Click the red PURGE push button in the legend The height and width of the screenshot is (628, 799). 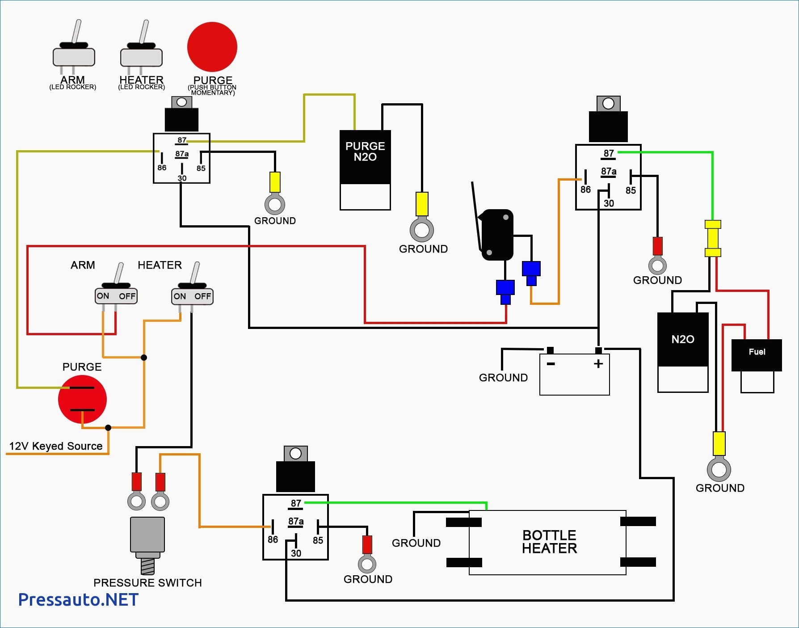(x=212, y=47)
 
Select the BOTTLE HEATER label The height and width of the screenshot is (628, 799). (x=550, y=542)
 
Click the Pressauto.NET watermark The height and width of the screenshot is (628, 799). (x=78, y=600)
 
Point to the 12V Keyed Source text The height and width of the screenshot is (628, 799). (x=56, y=446)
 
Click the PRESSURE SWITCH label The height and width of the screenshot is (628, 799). (x=147, y=583)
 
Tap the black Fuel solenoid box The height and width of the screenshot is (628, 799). (x=757, y=355)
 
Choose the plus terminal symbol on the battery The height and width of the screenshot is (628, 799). (x=598, y=364)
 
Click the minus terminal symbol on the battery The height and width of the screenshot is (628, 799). (x=551, y=364)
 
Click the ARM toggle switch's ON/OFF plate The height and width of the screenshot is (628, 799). (x=116, y=296)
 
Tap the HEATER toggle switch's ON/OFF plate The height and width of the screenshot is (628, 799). (x=193, y=296)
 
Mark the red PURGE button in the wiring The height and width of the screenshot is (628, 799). (x=83, y=399)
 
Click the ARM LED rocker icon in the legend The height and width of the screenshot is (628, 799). (x=74, y=49)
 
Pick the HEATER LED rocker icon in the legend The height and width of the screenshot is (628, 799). (x=141, y=49)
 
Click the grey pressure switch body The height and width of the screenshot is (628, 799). (x=147, y=535)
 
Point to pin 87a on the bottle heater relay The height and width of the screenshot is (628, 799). (x=296, y=522)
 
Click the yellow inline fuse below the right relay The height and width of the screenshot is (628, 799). (x=713, y=238)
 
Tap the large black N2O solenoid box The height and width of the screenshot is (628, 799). (x=683, y=339)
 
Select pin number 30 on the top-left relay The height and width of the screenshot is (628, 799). (x=182, y=178)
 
